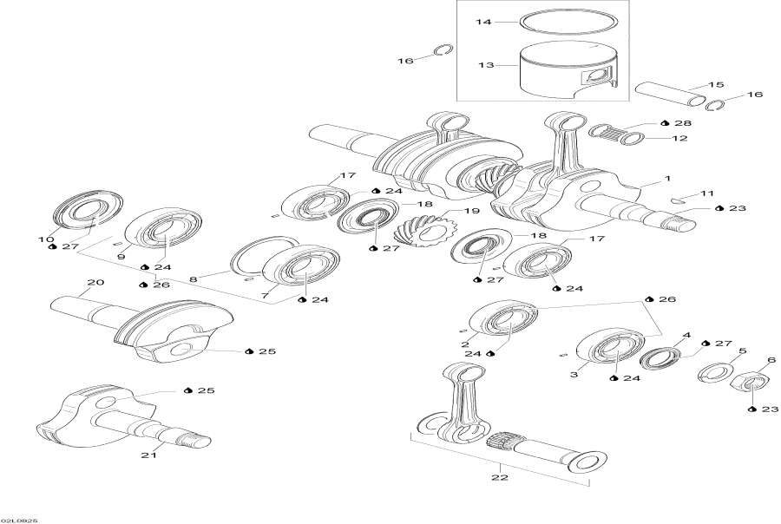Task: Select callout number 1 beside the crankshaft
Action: (667, 179)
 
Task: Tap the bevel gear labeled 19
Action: (421, 230)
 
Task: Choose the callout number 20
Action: (95, 283)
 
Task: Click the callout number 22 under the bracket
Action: (501, 475)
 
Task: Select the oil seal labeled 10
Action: (84, 212)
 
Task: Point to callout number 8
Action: (194, 278)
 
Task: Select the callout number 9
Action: (120, 257)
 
